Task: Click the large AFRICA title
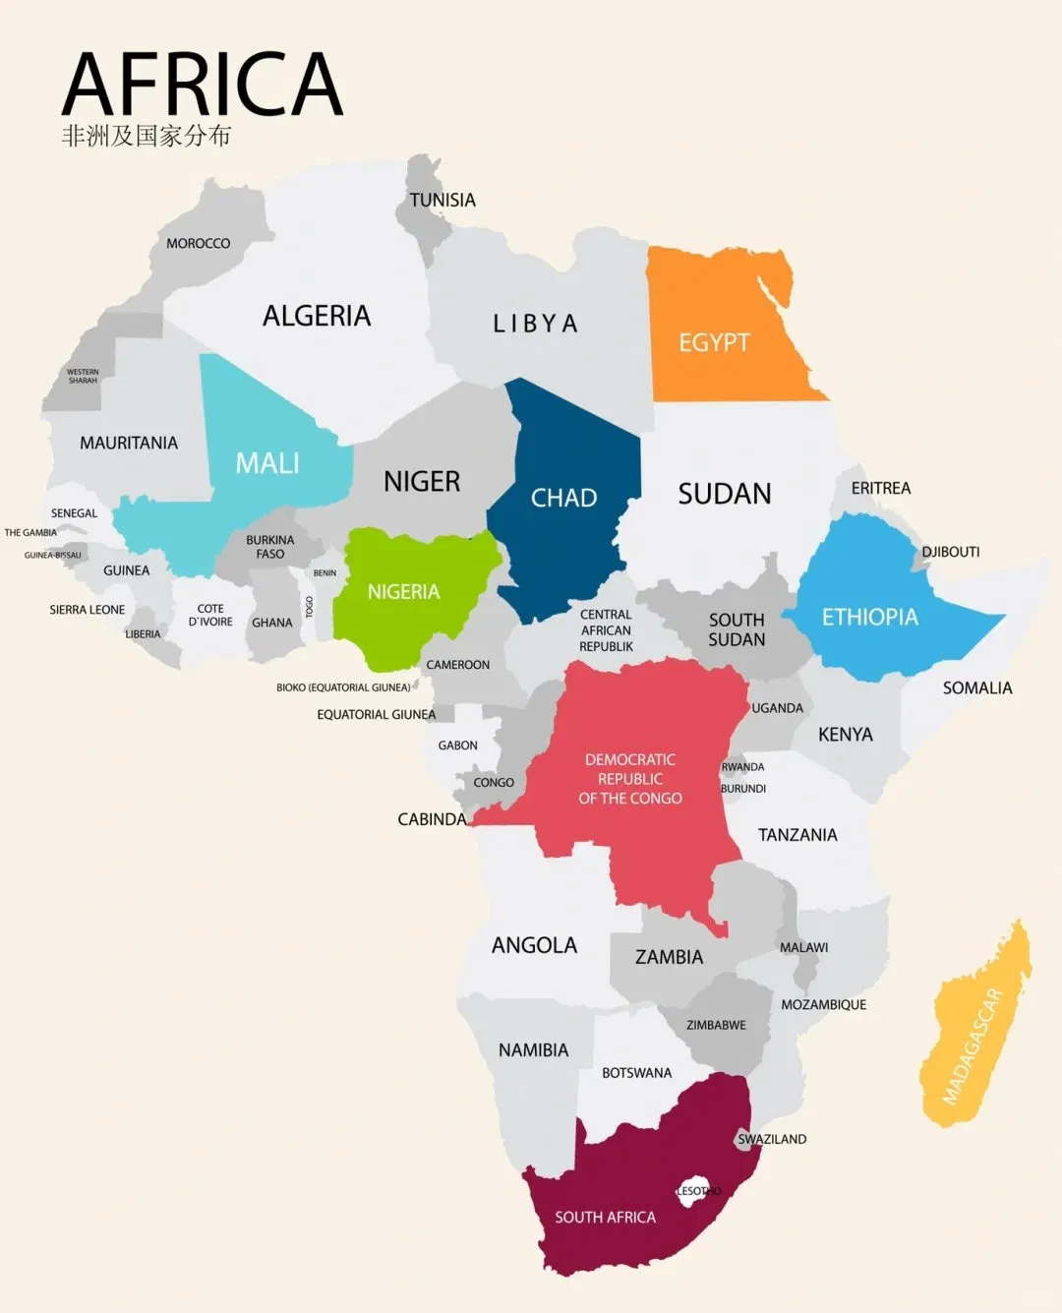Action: (202, 86)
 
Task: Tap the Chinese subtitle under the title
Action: (146, 136)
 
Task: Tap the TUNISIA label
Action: (442, 200)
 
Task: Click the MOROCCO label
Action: (198, 243)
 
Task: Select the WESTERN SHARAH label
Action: (83, 376)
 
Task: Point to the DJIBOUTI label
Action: (950, 552)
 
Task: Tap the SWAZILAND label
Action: (772, 1139)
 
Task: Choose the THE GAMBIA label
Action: (30, 532)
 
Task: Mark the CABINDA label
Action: (432, 819)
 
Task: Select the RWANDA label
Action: (742, 767)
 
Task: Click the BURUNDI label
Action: (743, 789)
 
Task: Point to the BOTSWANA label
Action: (636, 1073)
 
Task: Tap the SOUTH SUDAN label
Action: (737, 629)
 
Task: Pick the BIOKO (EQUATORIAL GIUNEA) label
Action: (343, 687)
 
